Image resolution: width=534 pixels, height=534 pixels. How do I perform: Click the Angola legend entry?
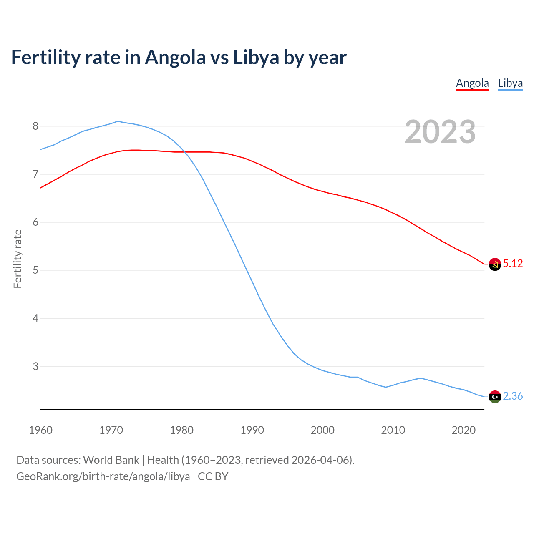pyautogui.click(x=472, y=83)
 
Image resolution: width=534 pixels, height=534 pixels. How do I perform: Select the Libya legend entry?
pyautogui.click(x=510, y=83)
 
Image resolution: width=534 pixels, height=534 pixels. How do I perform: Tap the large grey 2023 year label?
pyautogui.click(x=440, y=132)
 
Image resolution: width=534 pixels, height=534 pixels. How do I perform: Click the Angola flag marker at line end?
pyautogui.click(x=495, y=264)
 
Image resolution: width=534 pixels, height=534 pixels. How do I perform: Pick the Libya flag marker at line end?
pyautogui.click(x=495, y=397)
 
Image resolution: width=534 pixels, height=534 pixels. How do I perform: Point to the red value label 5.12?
pyautogui.click(x=513, y=264)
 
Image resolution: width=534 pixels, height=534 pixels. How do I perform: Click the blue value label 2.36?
pyautogui.click(x=513, y=396)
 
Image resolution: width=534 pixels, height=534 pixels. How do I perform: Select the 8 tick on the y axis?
pyautogui.click(x=35, y=126)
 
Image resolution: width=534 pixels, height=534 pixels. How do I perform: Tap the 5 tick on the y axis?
pyautogui.click(x=35, y=270)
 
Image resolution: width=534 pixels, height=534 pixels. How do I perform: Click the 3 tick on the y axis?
pyautogui.click(x=35, y=366)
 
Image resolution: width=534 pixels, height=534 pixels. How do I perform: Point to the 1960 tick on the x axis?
pyautogui.click(x=40, y=430)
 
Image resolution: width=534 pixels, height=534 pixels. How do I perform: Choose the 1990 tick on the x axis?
pyautogui.click(x=252, y=430)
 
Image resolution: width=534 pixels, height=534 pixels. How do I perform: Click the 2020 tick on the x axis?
pyautogui.click(x=463, y=430)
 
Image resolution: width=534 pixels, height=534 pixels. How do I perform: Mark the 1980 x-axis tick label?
pyautogui.click(x=181, y=430)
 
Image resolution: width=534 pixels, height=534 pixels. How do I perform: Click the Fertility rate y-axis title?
pyautogui.click(x=18, y=259)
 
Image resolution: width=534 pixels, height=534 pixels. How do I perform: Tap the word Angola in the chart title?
pyautogui.click(x=175, y=58)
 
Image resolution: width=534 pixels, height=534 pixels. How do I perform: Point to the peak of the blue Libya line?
pyautogui.click(x=118, y=121)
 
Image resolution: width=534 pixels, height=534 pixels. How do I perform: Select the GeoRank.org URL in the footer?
pyautogui.click(x=103, y=476)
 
